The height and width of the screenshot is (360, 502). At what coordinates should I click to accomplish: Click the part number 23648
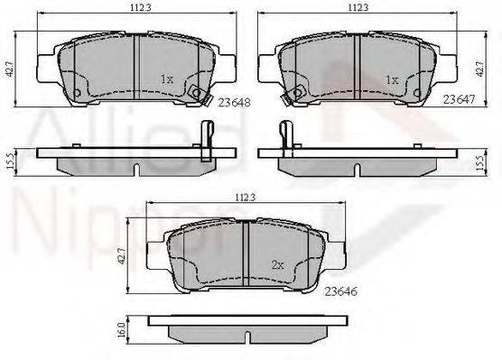[234, 102]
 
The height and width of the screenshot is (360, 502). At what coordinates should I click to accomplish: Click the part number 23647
[459, 99]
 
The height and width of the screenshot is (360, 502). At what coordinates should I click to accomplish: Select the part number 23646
[340, 291]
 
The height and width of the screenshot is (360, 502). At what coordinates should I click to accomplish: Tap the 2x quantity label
[277, 264]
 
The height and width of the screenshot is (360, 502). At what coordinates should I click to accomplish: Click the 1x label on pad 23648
[167, 78]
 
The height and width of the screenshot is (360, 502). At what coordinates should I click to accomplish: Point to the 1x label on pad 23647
[392, 79]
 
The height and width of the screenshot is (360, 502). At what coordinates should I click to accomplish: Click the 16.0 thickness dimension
[121, 329]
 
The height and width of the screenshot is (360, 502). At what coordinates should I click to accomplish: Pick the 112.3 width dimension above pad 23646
[246, 198]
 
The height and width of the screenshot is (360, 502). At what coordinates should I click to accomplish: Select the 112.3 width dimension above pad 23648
[140, 8]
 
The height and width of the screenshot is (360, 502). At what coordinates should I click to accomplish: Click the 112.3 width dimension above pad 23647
[358, 8]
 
